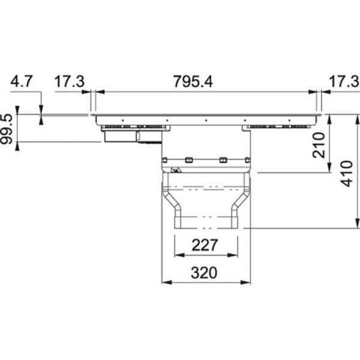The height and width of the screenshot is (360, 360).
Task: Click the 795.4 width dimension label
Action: (193, 82)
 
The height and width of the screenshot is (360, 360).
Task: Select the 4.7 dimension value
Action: (22, 81)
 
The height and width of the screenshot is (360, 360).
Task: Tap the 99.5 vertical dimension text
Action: (7, 129)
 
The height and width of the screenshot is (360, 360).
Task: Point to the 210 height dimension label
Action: (319, 145)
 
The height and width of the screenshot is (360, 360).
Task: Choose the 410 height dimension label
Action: (346, 173)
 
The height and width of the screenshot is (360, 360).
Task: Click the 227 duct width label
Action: (205, 245)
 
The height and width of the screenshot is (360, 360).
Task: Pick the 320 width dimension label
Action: (204, 273)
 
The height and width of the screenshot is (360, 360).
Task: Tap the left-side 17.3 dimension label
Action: (70, 82)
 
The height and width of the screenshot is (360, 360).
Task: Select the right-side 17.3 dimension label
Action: (344, 82)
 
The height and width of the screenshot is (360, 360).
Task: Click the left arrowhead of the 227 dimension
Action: (179, 255)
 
